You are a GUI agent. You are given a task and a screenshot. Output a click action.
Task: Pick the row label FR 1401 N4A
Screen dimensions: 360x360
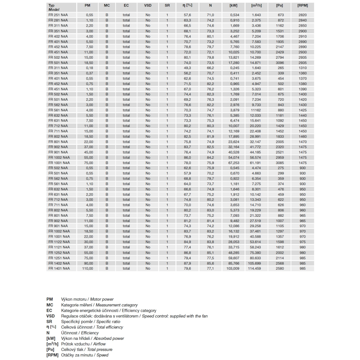59,268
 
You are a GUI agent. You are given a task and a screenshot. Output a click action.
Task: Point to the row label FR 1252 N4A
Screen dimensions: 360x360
59,252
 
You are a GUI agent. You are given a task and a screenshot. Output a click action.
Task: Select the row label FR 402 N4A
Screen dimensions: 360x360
58,36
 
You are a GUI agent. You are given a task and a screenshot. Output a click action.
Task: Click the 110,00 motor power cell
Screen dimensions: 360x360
87,268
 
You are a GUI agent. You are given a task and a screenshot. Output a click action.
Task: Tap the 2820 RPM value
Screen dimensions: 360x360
303,15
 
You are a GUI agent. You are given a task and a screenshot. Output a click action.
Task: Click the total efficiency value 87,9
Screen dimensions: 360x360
187,263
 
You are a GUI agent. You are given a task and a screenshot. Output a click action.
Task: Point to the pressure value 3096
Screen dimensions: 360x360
279,62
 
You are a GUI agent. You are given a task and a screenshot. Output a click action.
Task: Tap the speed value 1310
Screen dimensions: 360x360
303,68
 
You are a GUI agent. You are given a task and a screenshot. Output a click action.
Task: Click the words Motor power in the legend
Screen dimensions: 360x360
103,299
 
